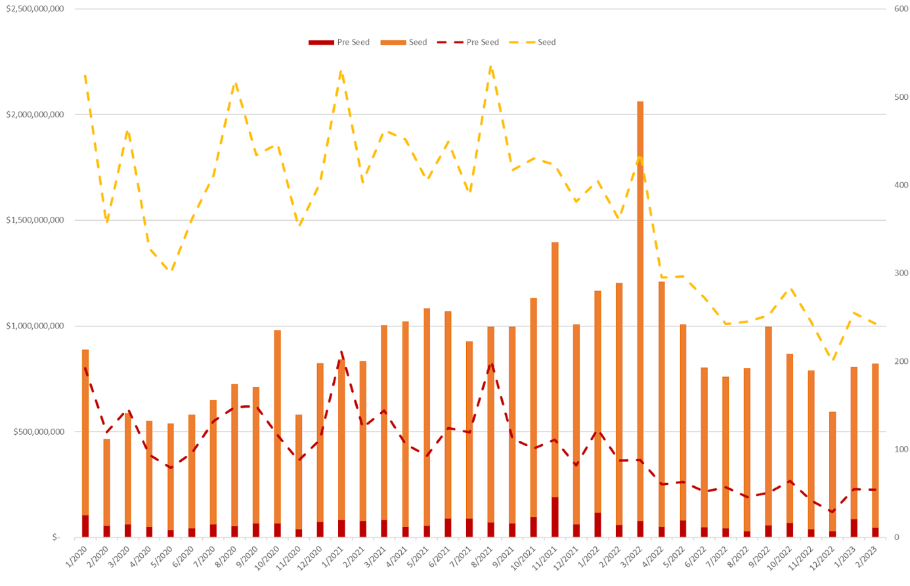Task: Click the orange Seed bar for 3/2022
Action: coord(640,309)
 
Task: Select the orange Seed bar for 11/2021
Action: coord(555,368)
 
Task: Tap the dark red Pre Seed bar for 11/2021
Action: coord(555,517)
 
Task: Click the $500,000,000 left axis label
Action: coord(39,432)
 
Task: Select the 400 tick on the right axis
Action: coord(901,185)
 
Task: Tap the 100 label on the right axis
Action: coord(901,449)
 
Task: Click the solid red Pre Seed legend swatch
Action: coord(321,43)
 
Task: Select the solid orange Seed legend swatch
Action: coord(393,43)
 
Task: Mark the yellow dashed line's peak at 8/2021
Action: coord(491,66)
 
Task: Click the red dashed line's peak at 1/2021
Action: coord(341,351)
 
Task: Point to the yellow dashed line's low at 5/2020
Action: coord(171,270)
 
